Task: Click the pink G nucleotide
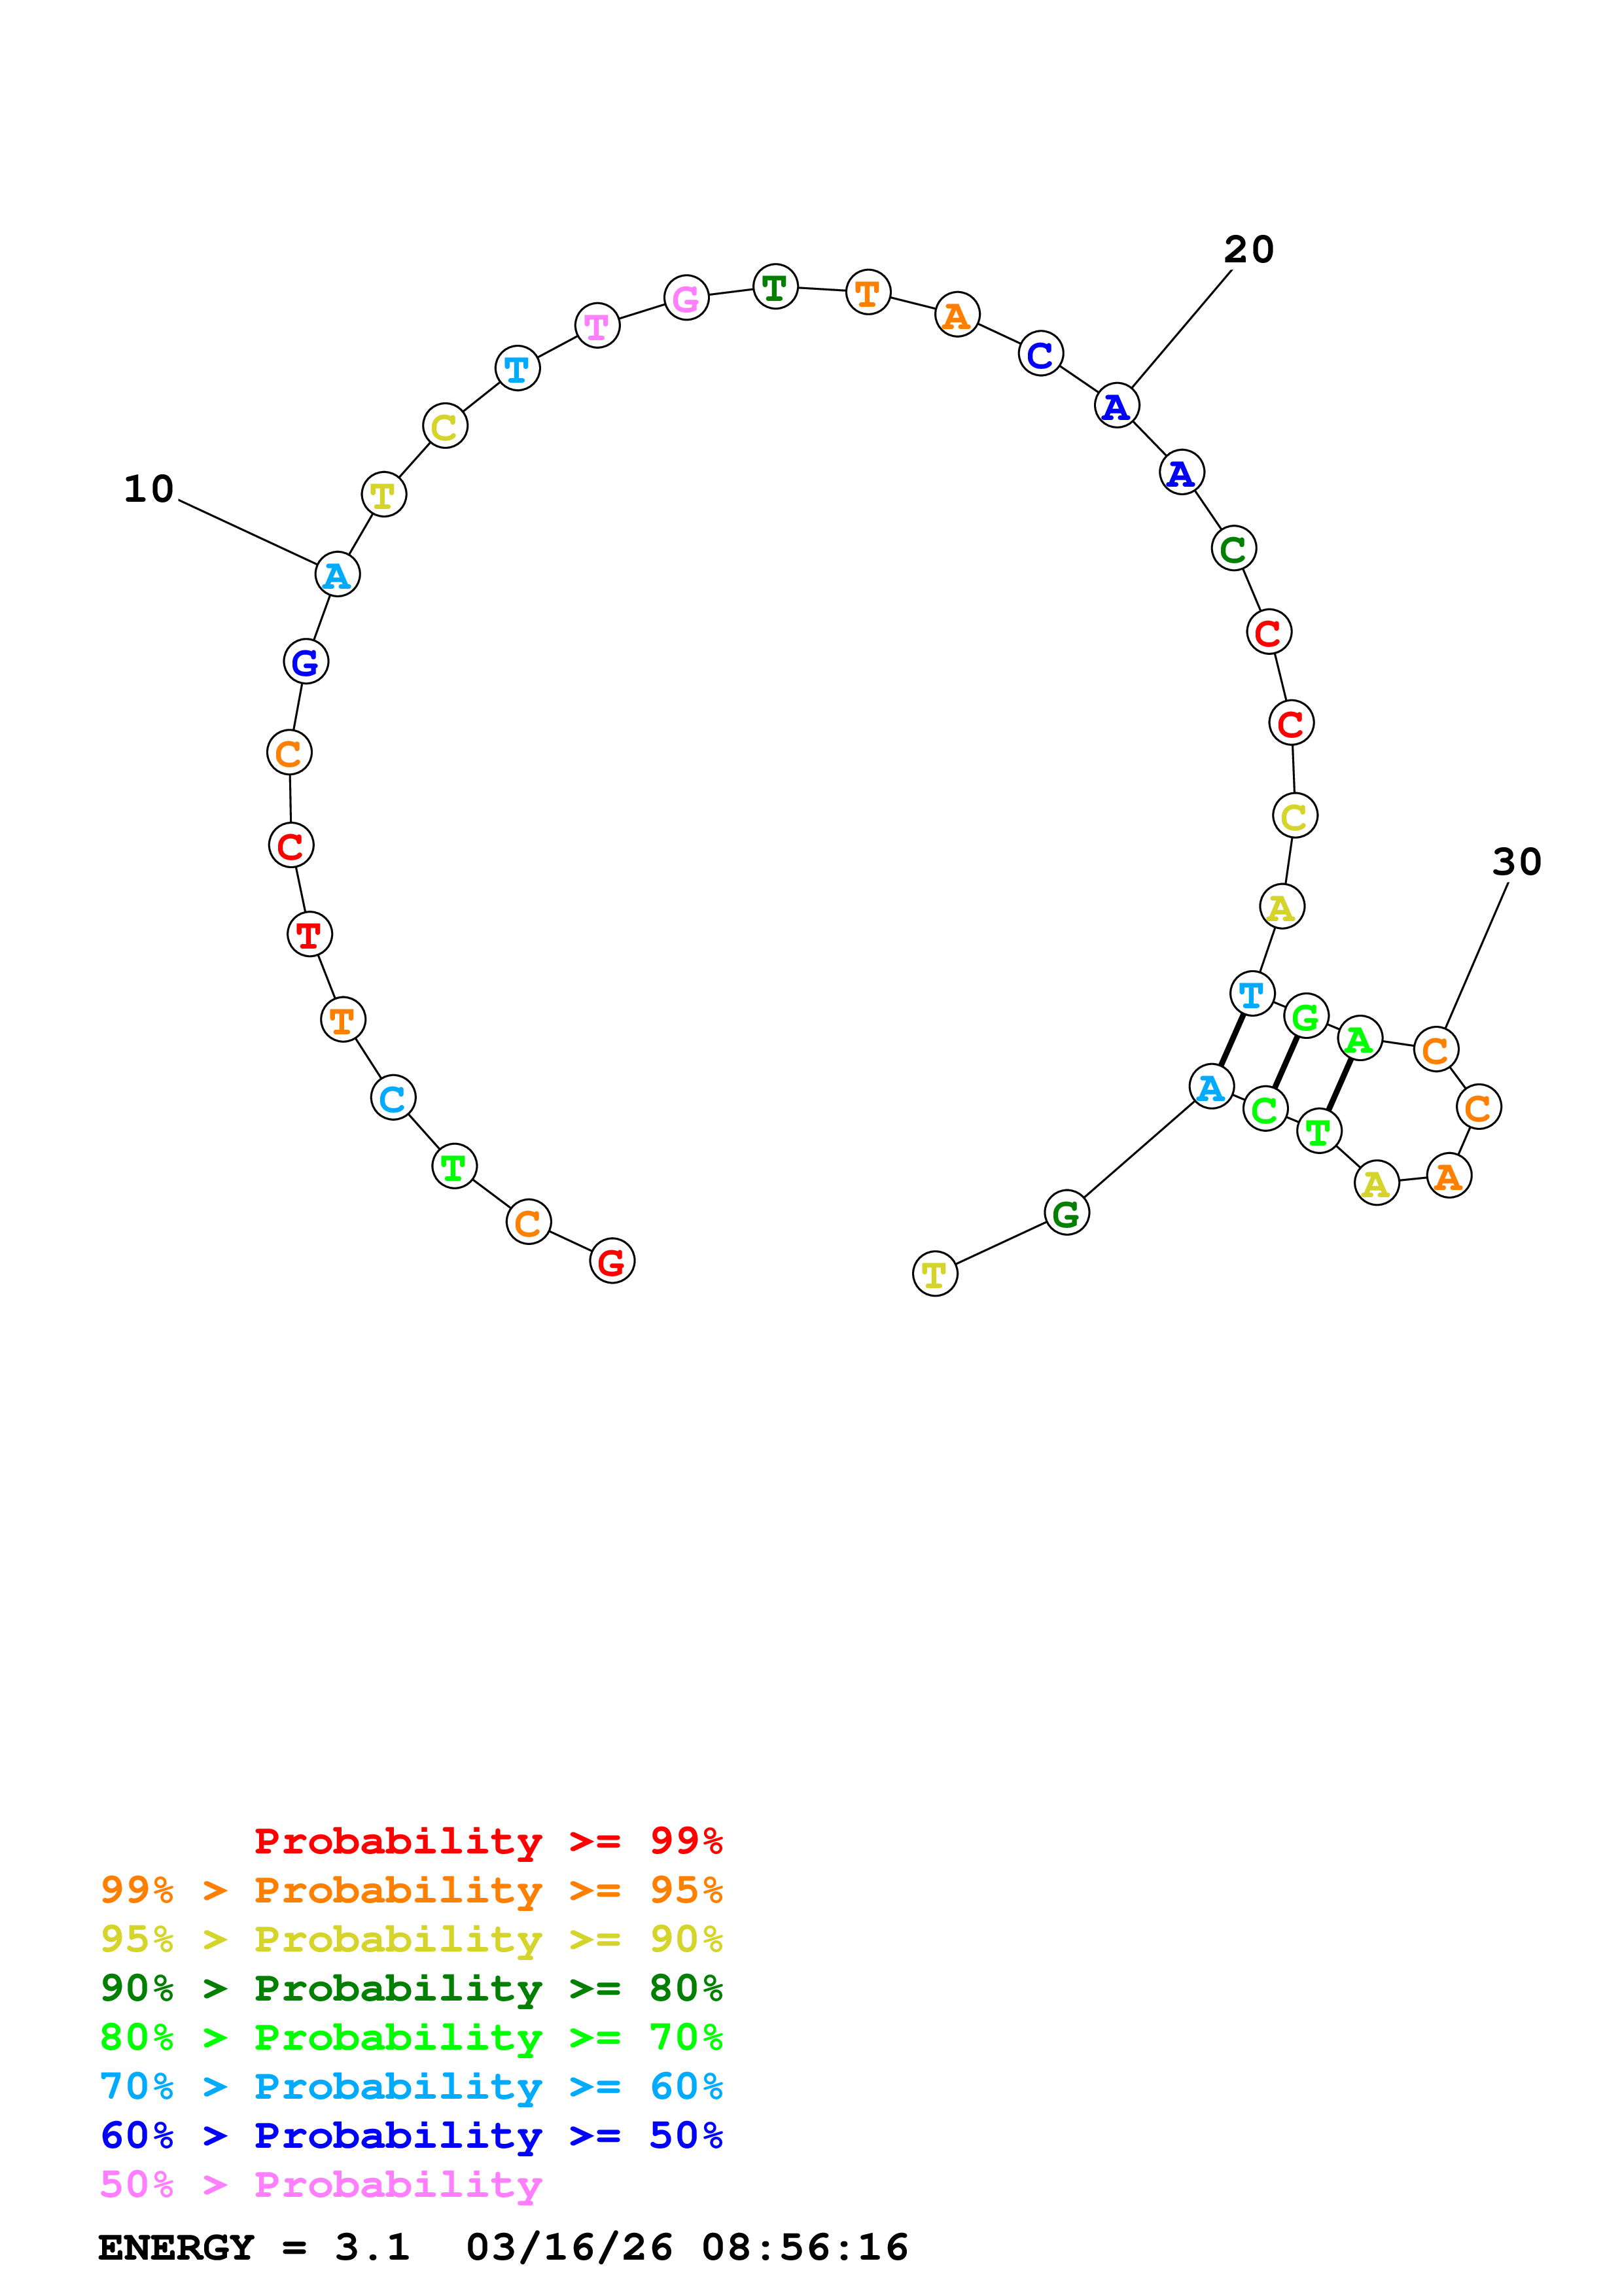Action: pos(686,298)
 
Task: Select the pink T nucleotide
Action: pos(597,326)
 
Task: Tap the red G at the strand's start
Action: pos(612,1261)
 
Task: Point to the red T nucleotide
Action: pos(309,935)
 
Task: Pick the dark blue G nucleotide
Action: pos(306,661)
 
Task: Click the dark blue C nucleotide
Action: pos(1040,354)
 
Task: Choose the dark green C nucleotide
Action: pos(1233,549)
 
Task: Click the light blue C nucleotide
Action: pos(393,1098)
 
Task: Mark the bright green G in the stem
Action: pos(1305,1017)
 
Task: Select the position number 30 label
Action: pos(1516,862)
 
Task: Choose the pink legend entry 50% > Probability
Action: pos(321,2185)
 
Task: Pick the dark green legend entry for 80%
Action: pos(411,1988)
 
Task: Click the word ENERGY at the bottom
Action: pos(176,2247)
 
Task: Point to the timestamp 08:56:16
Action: pos(805,2247)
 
